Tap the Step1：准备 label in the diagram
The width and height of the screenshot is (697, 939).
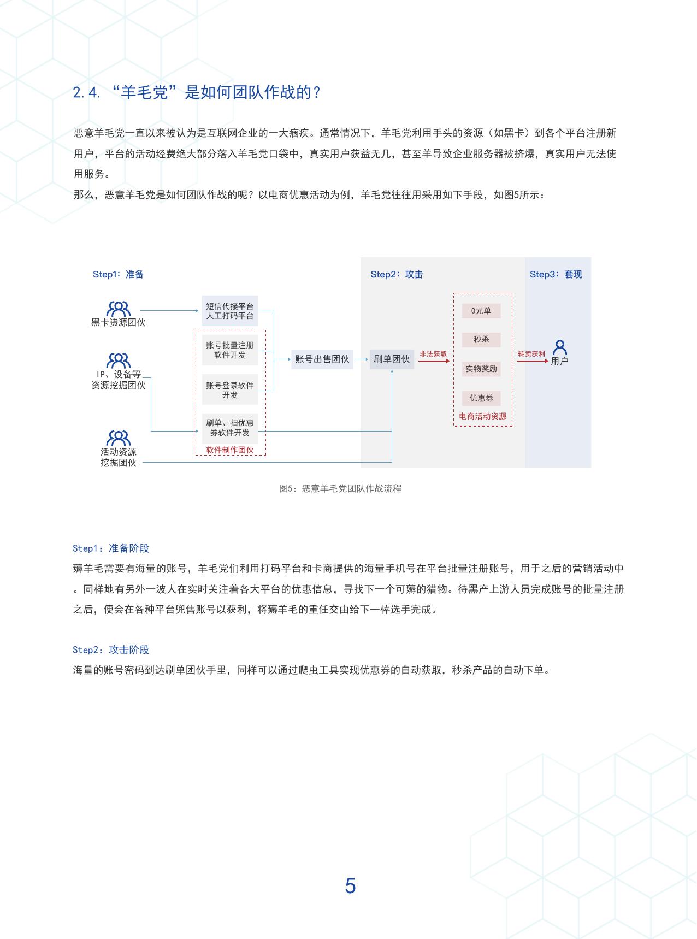(x=118, y=274)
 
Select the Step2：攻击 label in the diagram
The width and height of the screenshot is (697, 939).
(x=397, y=274)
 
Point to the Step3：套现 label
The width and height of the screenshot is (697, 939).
(x=556, y=274)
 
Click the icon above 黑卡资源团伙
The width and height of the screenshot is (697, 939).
(x=119, y=309)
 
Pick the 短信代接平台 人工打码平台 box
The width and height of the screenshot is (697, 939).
(x=230, y=311)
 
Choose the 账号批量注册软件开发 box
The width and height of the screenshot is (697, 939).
(x=230, y=350)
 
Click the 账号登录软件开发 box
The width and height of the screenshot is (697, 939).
(x=230, y=390)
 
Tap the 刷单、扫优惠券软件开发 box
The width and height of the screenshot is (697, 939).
(x=230, y=428)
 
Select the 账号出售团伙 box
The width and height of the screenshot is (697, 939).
(x=322, y=359)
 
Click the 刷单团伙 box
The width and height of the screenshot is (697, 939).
(x=392, y=359)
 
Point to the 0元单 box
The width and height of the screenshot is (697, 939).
(x=481, y=311)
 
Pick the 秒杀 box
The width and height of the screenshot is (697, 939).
(x=481, y=339)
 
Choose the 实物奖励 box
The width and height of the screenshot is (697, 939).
(x=481, y=369)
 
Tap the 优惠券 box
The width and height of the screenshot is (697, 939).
(x=481, y=398)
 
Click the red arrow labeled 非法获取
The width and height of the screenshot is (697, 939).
(x=434, y=361)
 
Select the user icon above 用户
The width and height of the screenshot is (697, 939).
(x=560, y=347)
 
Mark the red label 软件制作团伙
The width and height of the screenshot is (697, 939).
(x=230, y=450)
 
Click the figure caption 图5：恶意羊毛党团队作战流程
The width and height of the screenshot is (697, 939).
(x=340, y=488)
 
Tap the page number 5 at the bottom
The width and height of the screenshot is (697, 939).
(x=350, y=885)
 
